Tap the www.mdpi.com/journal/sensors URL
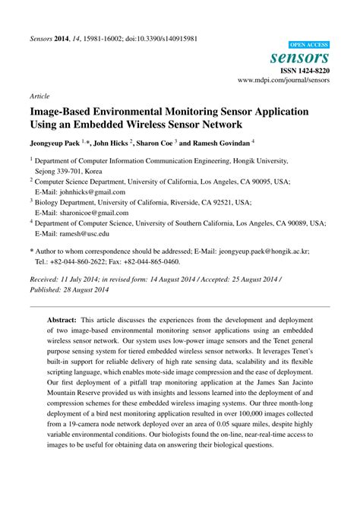283,79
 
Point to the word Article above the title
39,96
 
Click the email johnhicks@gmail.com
88,192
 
